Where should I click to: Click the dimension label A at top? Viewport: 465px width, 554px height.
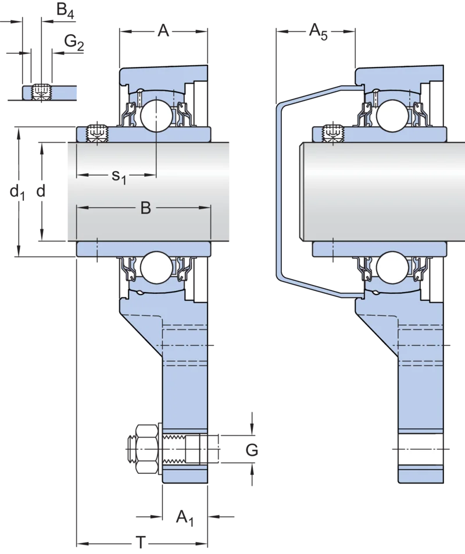tap(163, 30)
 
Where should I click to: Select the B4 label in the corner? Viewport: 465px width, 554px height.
tap(65, 10)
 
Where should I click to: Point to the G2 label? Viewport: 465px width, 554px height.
tap(74, 42)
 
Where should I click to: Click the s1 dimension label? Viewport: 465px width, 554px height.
tap(119, 176)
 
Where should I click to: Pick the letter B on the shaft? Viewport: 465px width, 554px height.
tap(145, 208)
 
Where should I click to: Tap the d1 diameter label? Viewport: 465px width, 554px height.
tap(17, 193)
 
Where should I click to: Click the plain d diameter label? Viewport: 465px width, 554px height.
tap(41, 191)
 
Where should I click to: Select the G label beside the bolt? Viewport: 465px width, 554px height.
tap(252, 450)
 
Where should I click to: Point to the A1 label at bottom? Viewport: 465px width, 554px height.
tap(185, 518)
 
